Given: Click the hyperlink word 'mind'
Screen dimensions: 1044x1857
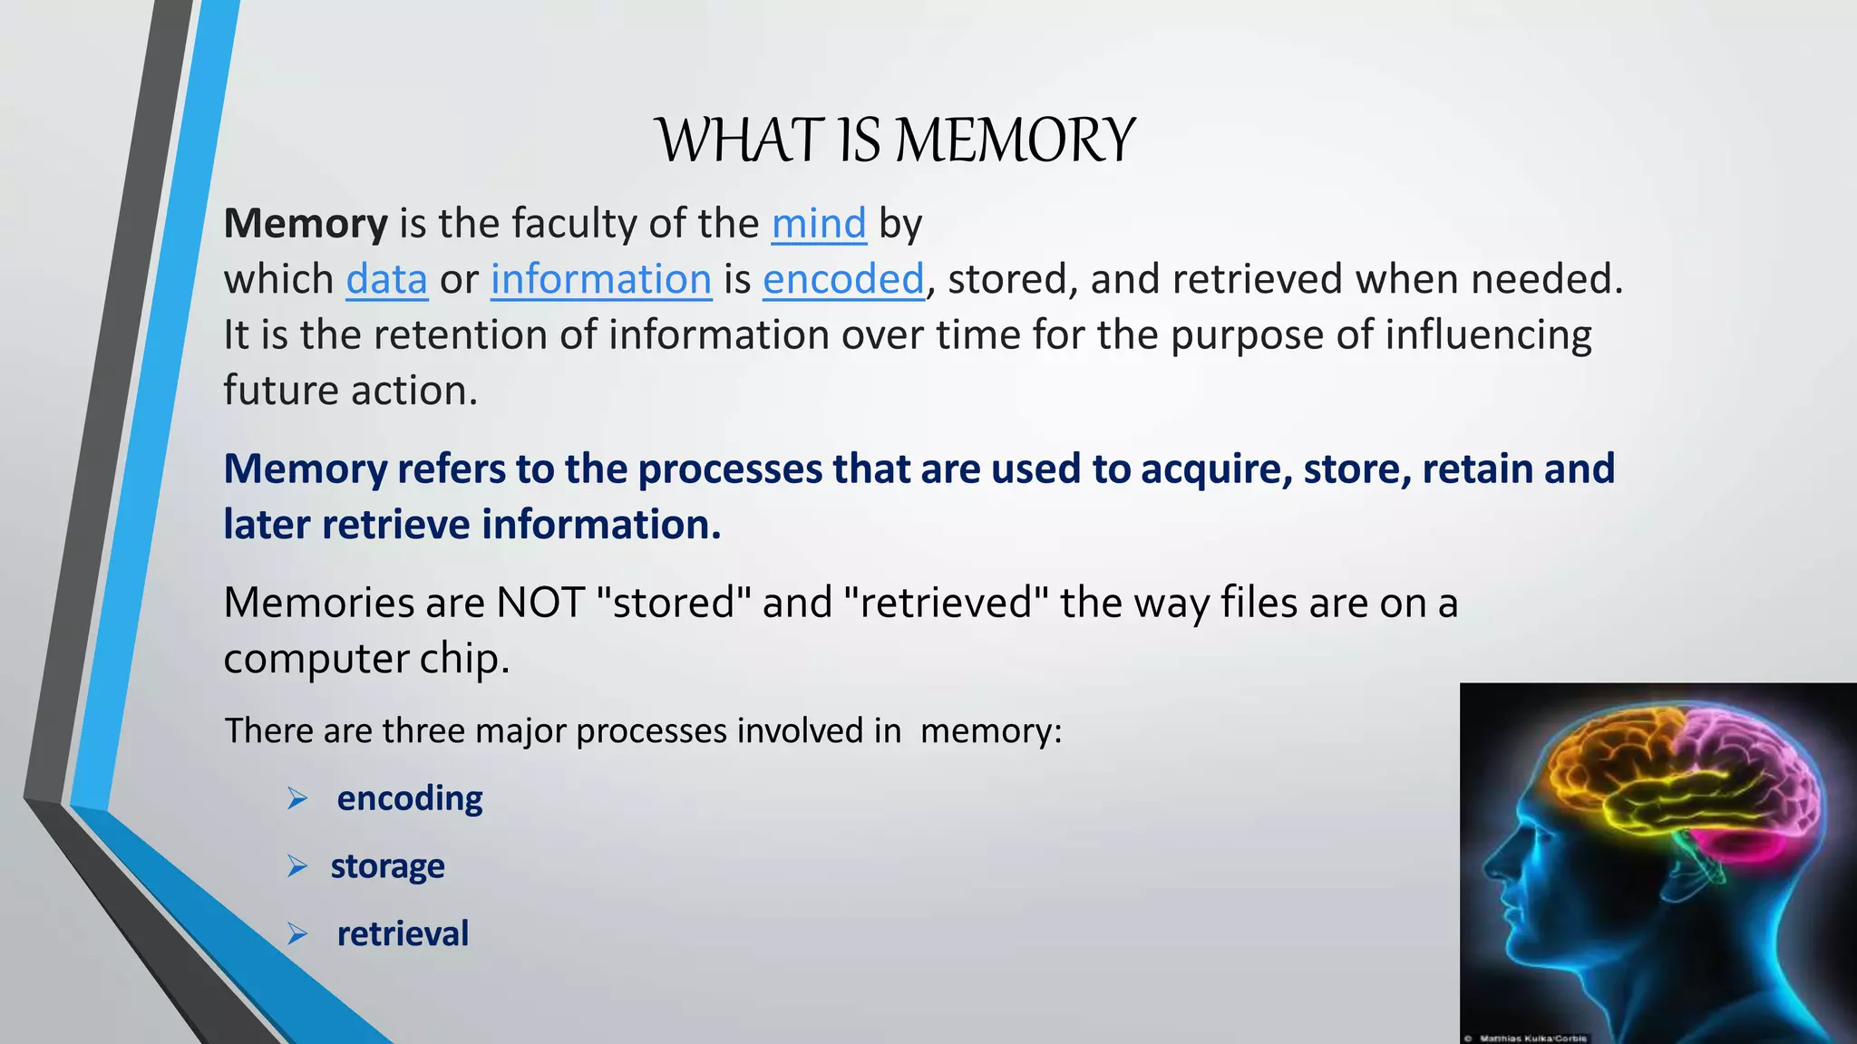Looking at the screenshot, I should [x=819, y=224].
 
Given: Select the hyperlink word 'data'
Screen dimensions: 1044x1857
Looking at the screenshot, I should [x=386, y=280].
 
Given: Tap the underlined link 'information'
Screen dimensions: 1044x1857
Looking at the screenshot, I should [x=601, y=280].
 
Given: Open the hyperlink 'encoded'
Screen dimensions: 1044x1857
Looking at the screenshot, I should [x=843, y=280].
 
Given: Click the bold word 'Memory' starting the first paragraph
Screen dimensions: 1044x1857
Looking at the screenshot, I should [x=306, y=224].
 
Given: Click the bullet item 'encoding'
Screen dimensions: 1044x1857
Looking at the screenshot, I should [x=410, y=798].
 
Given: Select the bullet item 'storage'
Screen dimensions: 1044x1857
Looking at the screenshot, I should [x=387, y=866].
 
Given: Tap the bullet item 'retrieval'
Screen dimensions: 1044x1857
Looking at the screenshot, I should [x=403, y=934].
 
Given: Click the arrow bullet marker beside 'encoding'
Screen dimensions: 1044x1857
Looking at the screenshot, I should [x=297, y=799].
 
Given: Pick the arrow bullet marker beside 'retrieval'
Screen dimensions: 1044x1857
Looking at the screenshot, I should [x=297, y=934].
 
